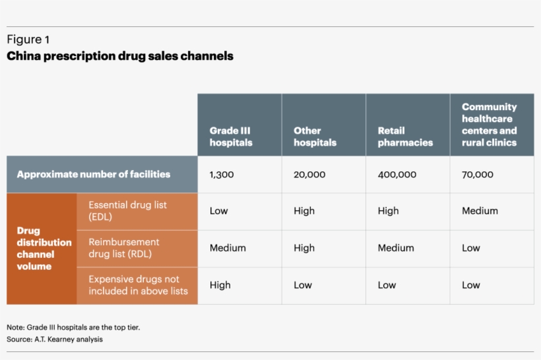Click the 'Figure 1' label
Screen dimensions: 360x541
click(x=28, y=40)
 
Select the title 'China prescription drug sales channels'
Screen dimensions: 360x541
click(x=119, y=56)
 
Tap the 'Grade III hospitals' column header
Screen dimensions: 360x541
click(x=231, y=136)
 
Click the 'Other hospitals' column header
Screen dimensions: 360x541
click(x=315, y=136)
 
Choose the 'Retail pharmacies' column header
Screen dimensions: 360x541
click(x=405, y=136)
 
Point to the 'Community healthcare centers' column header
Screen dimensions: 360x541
click(x=490, y=124)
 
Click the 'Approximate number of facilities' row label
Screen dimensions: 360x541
click(x=94, y=175)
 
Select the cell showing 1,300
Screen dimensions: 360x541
click(x=222, y=175)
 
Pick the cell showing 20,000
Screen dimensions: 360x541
click(x=309, y=175)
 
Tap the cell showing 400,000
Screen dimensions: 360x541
click(x=397, y=175)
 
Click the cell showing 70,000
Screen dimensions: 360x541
click(x=478, y=175)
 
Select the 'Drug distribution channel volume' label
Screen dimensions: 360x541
click(x=44, y=249)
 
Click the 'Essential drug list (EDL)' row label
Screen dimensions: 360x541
click(x=127, y=211)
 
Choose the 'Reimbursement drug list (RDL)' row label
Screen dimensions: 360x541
click(x=124, y=248)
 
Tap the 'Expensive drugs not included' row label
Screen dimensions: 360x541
click(x=138, y=285)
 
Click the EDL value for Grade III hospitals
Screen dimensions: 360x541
click(x=218, y=211)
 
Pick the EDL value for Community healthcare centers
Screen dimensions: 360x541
click(x=480, y=211)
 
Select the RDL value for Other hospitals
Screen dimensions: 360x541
click(x=304, y=248)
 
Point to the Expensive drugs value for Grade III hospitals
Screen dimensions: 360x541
click(x=220, y=285)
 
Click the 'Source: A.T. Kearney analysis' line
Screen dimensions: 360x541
click(x=55, y=340)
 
